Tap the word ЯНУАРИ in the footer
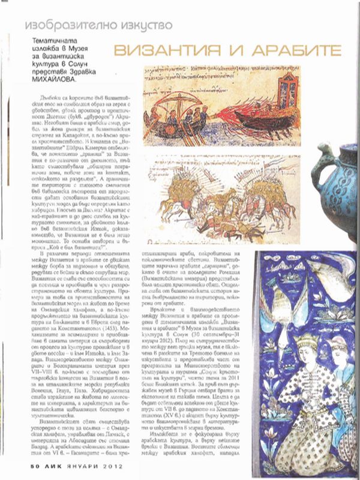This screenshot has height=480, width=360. point(67,464)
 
